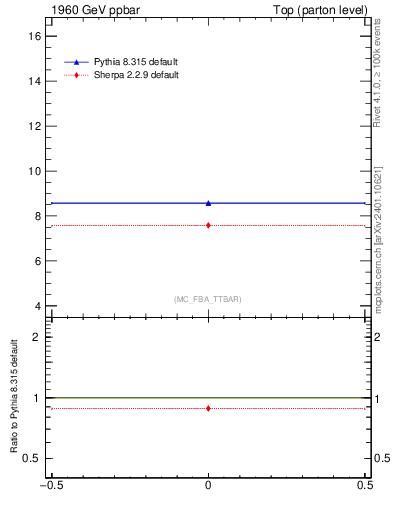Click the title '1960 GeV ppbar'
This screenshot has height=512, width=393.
(x=88, y=10)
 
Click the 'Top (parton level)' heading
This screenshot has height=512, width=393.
(x=320, y=10)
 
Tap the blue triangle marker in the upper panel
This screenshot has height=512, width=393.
(x=208, y=203)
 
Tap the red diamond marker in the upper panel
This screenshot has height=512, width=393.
(x=208, y=225)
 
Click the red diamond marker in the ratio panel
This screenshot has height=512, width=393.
(x=208, y=408)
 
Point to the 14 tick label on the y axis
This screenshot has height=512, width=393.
(x=36, y=81)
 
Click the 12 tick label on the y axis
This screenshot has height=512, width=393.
(x=36, y=126)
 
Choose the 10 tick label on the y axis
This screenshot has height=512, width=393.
(x=36, y=171)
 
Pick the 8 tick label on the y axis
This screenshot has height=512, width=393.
(x=39, y=216)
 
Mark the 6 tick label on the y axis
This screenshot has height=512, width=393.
(x=39, y=261)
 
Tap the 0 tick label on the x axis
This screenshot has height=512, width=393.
(x=208, y=489)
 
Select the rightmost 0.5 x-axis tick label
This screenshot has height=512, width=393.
(x=365, y=489)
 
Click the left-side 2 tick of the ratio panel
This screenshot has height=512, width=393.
(x=39, y=337)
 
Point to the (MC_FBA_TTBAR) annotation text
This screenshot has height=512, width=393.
(x=207, y=299)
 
